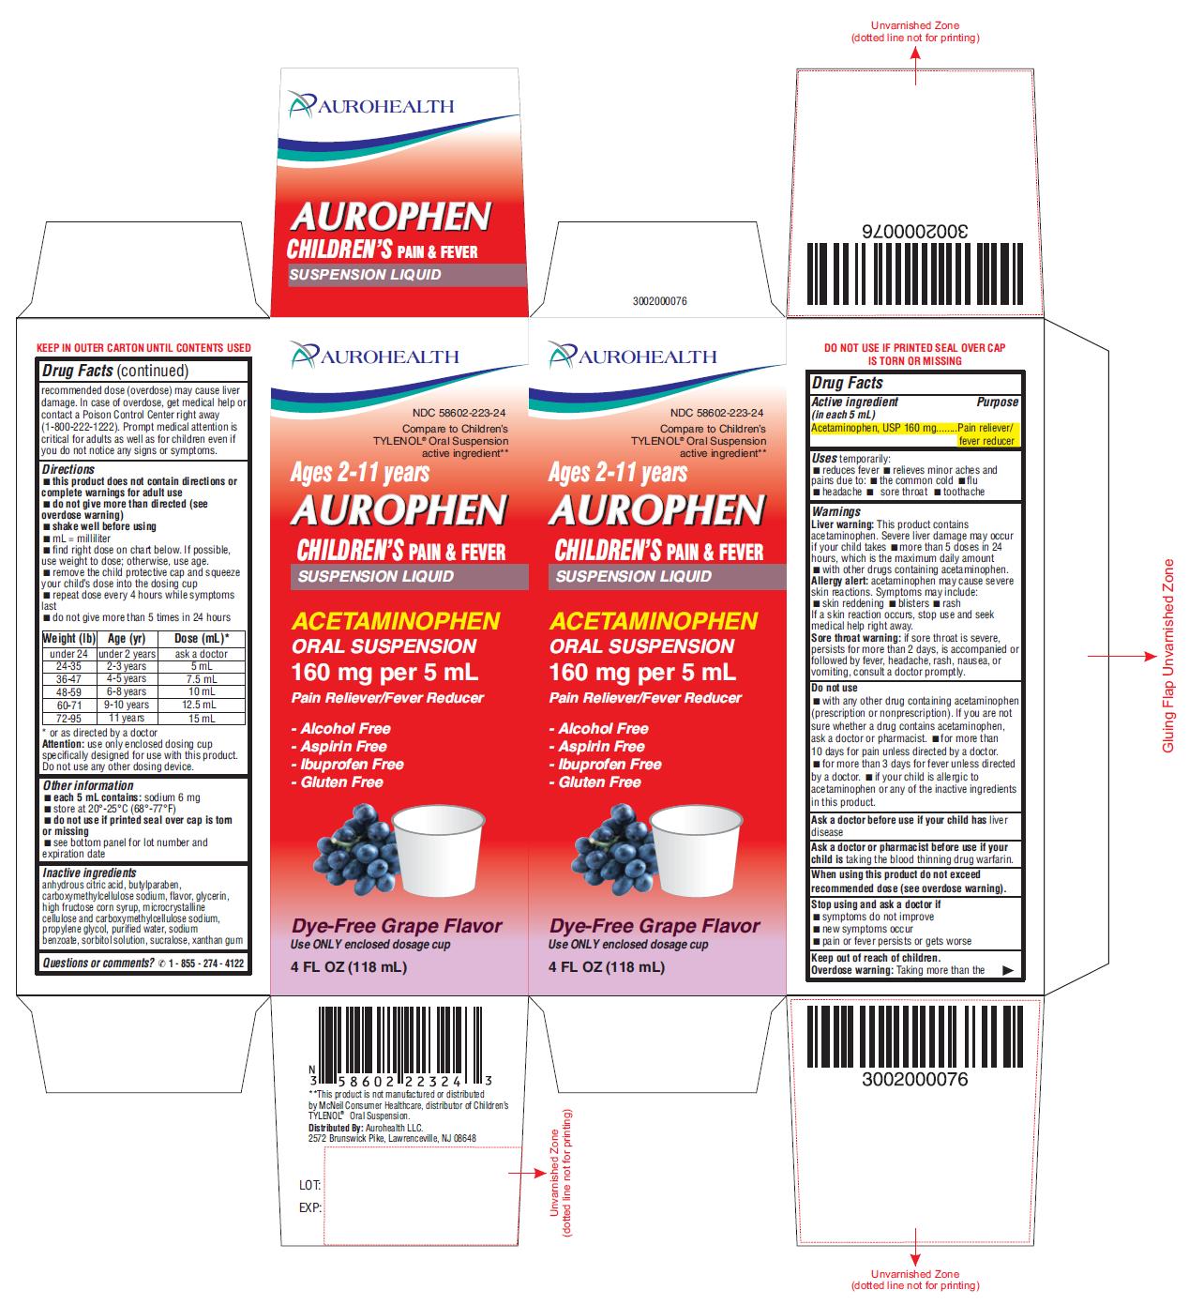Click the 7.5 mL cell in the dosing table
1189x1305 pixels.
pyautogui.click(x=202, y=678)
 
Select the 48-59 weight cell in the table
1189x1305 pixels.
pyautogui.click(x=69, y=691)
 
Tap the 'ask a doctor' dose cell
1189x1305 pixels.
pyautogui.click(x=202, y=654)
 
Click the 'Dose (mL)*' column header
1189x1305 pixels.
pyautogui.click(x=202, y=638)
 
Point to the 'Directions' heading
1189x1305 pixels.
pyautogui.click(x=68, y=469)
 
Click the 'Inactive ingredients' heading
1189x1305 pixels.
pyautogui.click(x=90, y=873)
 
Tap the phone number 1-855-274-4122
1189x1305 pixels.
pyautogui.click(x=205, y=963)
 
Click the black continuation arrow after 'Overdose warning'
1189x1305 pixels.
pyautogui.click(x=1008, y=970)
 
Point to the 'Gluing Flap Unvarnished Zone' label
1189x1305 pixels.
pyautogui.click(x=1168, y=657)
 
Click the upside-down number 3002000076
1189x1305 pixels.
pyautogui.click(x=914, y=231)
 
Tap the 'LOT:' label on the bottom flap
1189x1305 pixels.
pyautogui.click(x=309, y=1185)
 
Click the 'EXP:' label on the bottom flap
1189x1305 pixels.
pyautogui.click(x=309, y=1207)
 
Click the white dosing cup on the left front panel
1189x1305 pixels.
pyautogui.click(x=439, y=849)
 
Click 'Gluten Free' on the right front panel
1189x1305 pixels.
pyautogui.click(x=595, y=781)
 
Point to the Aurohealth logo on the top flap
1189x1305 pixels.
pyautogui.click(x=370, y=105)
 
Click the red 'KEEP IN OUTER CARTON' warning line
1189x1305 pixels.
pyautogui.click(x=143, y=348)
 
